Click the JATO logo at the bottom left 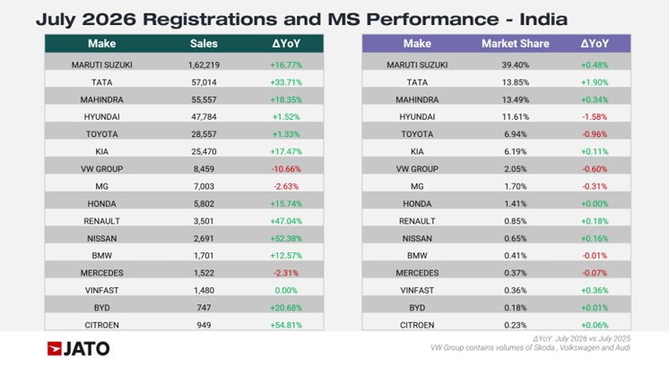[79, 349]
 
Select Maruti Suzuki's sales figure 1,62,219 [204, 65]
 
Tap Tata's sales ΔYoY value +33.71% [286, 82]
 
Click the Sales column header [204, 44]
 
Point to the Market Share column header [516, 44]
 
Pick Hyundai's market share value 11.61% [516, 116]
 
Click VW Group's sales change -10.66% [286, 169]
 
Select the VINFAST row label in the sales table [101, 290]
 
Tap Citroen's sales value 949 [204, 325]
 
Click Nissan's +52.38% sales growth [286, 238]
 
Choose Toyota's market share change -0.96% [595, 134]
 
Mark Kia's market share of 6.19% [516, 151]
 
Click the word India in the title [543, 20]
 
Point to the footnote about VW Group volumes [530, 348]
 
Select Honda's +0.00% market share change [595, 204]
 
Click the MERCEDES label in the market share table [417, 273]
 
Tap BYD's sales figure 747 [204, 308]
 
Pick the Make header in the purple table [417, 44]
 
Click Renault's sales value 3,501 [204, 221]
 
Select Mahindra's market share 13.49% [516, 99]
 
